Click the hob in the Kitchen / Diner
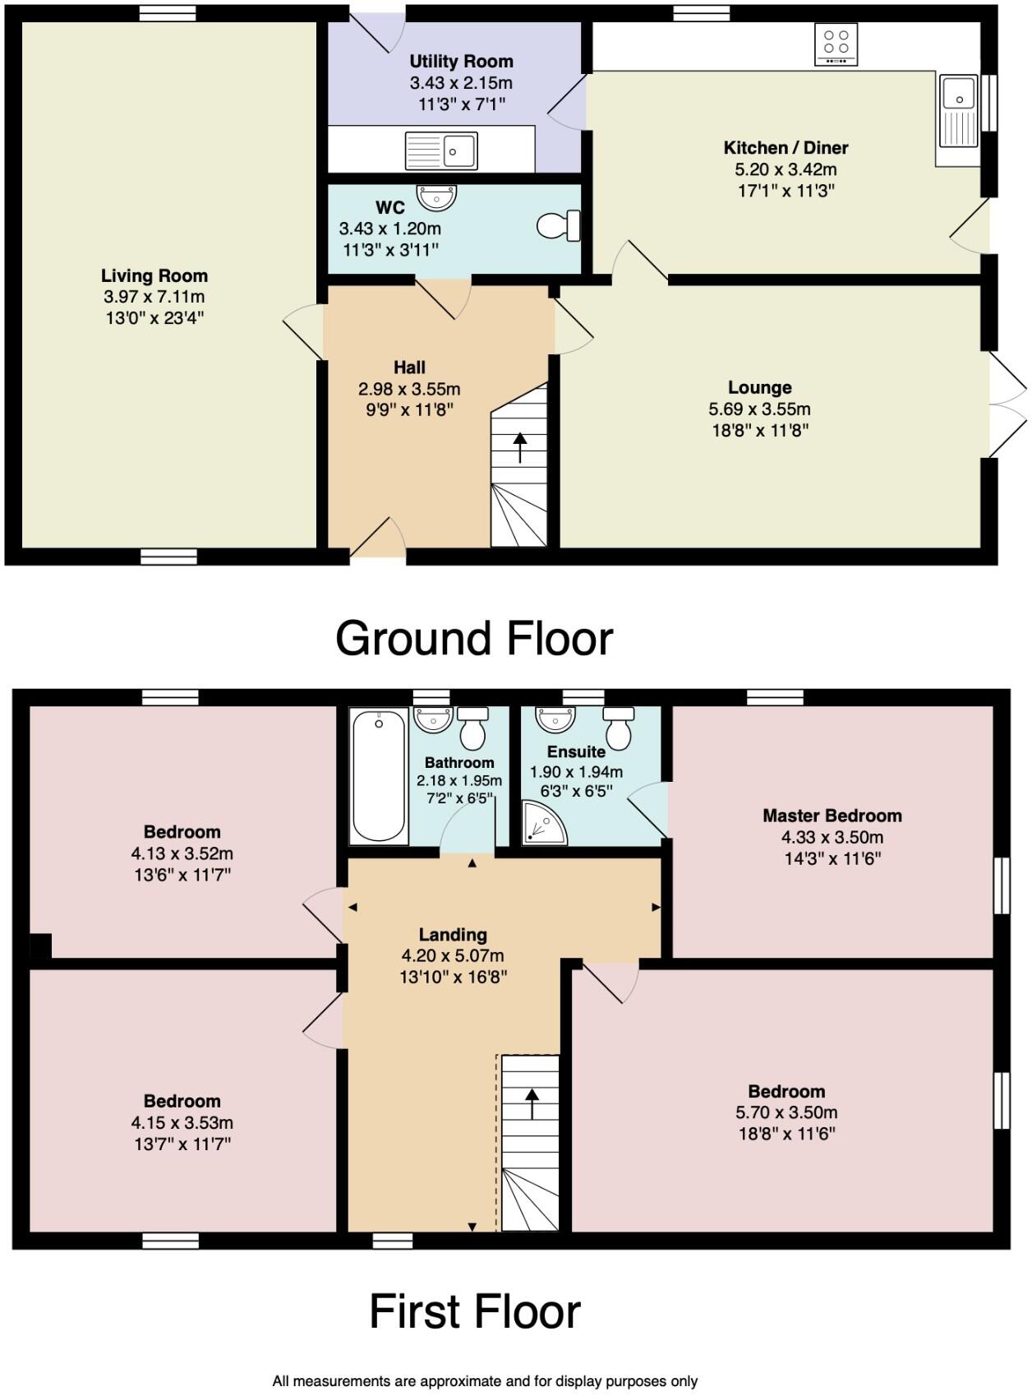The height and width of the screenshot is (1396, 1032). coord(836,44)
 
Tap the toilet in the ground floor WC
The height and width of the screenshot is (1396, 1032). coord(560,225)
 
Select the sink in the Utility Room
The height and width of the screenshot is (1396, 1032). coord(441,151)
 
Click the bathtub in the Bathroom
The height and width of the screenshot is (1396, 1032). coord(379,775)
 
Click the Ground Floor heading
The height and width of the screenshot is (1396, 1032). coord(474,639)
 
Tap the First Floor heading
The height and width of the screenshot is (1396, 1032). coord(474,1311)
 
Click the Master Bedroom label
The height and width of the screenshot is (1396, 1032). coord(832,816)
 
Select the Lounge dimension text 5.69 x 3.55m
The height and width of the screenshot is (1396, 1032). coord(759,409)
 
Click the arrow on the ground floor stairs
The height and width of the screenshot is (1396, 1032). coord(520,448)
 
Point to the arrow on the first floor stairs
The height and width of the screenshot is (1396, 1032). coord(532,1102)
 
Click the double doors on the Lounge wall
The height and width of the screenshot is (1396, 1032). coord(1006,404)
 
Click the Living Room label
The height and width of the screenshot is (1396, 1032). coord(154,275)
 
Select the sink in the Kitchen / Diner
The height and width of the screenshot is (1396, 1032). coord(958,111)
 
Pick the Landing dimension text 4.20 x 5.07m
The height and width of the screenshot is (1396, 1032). coord(452,955)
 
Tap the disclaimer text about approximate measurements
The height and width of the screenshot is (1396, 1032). coord(485,1381)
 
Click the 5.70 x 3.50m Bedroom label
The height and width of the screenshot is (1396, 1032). coord(786,1092)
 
